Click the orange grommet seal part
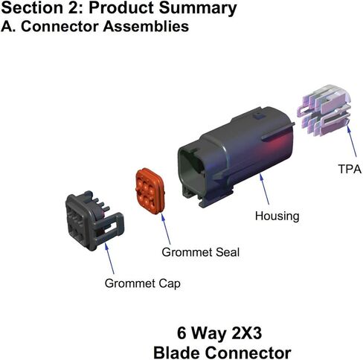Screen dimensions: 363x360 pos(150,191)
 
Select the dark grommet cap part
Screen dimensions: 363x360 pos(94,221)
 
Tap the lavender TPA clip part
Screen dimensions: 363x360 pos(324,110)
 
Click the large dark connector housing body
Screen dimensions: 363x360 pos(236,156)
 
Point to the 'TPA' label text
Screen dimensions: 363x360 pos(350,169)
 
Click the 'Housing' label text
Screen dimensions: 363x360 pos(277,216)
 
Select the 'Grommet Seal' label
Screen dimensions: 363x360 pos(201,252)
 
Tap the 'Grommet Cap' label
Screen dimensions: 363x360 pos(142,283)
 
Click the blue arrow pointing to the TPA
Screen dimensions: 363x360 pos(352,141)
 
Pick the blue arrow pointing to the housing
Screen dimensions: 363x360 pos(264,189)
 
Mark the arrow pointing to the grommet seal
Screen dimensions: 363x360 pos(166,229)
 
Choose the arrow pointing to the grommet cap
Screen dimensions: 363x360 pos(109,258)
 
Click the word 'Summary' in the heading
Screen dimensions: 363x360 pos(198,8)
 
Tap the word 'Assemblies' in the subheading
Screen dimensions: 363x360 pos(146,26)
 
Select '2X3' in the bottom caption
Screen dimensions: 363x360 pos(246,333)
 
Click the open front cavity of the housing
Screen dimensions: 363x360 pos(191,169)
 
